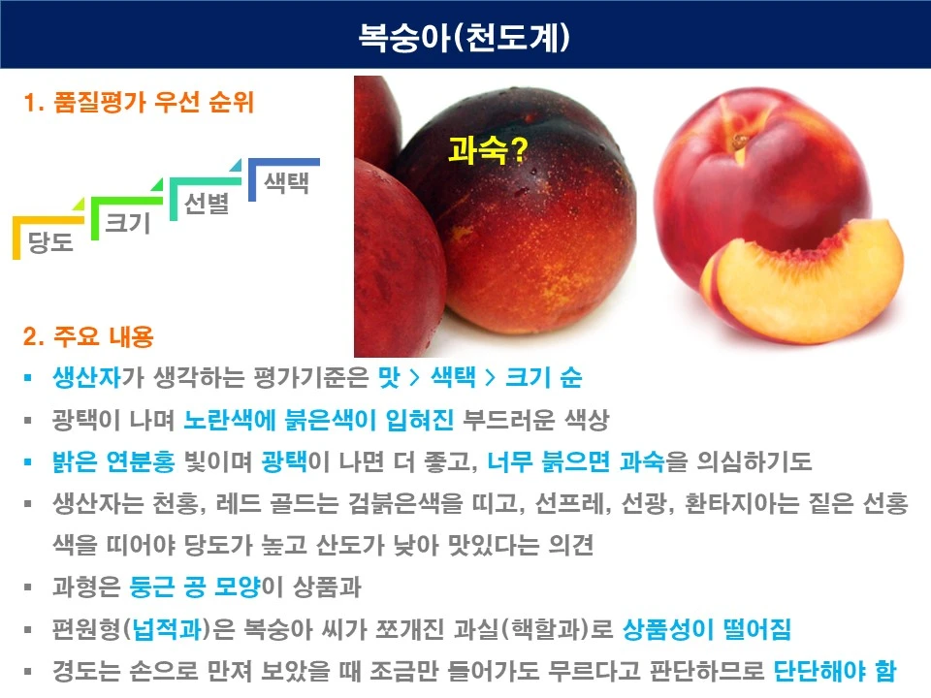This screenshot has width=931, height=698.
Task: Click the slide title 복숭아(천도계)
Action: pos(465,37)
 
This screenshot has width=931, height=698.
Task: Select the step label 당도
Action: pos(51,241)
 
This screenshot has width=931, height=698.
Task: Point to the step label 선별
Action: pos(207,204)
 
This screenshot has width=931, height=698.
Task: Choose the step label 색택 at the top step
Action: pos(286,182)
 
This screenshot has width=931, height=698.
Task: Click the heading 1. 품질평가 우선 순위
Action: pos(139,103)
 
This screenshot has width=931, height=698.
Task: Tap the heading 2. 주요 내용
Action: pos(88,338)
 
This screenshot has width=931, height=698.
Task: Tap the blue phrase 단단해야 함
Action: pos(835,671)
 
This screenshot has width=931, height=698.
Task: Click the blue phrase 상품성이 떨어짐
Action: pos(707,630)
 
